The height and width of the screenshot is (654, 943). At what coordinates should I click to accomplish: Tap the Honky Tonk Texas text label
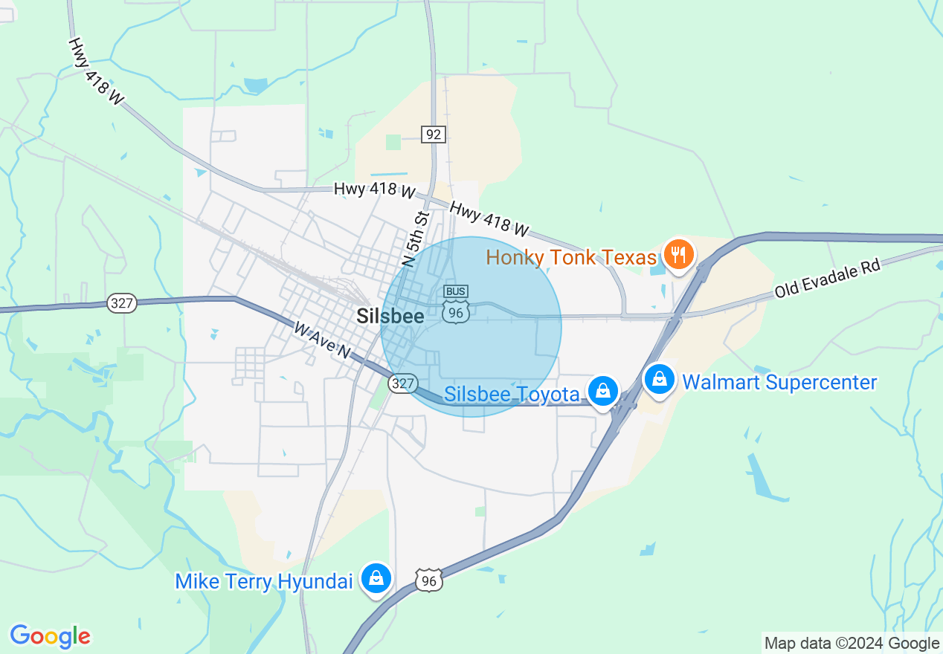point(571,257)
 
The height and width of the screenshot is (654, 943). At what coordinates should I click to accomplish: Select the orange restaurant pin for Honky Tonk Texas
point(678,256)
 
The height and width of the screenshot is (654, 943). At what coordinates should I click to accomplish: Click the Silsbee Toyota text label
point(512,393)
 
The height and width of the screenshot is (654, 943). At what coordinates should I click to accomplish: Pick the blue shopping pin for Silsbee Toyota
point(602,391)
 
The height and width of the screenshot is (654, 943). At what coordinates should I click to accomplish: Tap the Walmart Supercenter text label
point(779,382)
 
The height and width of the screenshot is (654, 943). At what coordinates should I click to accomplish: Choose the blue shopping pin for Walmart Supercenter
point(659,380)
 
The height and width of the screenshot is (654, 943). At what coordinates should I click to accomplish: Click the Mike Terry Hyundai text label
point(263,581)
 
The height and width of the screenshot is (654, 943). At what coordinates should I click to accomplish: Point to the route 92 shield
point(433,135)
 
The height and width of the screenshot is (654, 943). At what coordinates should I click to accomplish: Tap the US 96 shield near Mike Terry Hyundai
point(429,580)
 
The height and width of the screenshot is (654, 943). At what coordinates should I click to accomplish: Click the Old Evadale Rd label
point(827,278)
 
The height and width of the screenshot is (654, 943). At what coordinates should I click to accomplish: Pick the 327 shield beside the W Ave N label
point(402,383)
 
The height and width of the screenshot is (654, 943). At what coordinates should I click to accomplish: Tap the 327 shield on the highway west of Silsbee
point(121,302)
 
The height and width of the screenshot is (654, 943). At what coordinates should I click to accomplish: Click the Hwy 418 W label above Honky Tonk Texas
point(489,219)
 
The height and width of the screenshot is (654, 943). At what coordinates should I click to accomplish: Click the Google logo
point(50,636)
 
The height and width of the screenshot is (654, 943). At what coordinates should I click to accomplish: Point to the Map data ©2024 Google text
point(852,644)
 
